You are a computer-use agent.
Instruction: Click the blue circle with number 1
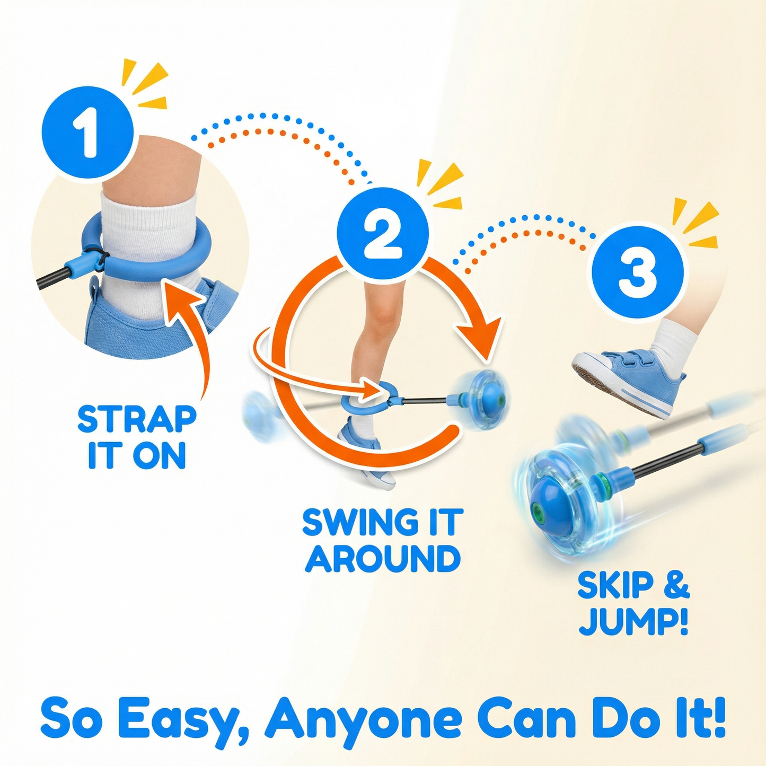coord(87,133)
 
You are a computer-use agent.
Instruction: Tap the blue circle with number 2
coord(383,234)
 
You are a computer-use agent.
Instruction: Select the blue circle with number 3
coord(638,272)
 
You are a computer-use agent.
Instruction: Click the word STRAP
coord(137,419)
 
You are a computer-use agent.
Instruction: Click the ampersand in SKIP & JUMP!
coord(676,586)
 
